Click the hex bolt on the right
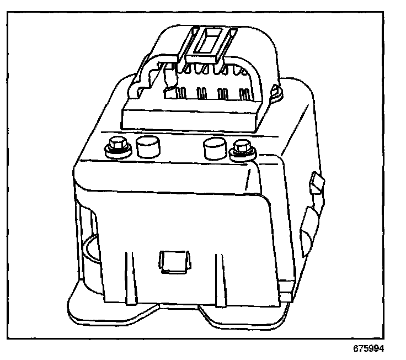(x=241, y=147)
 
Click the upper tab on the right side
(x=316, y=183)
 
